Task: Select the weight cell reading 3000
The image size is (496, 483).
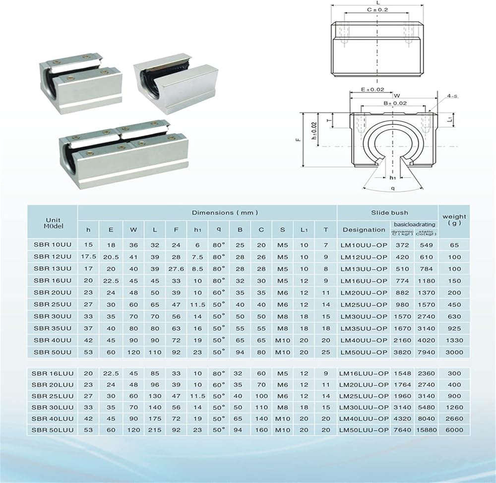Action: coord(454,353)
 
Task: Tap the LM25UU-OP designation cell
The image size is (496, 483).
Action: coord(364,305)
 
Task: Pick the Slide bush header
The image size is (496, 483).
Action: coord(389,213)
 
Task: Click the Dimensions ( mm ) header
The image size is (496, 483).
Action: coord(225,213)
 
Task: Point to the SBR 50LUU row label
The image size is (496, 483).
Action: coord(53,430)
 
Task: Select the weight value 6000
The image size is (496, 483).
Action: coord(454,430)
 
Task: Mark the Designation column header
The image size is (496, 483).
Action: coord(364,230)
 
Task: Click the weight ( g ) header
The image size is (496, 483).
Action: coord(454,220)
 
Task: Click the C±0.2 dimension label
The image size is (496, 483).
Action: coord(377,9)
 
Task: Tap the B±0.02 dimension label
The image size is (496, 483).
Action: coord(382,103)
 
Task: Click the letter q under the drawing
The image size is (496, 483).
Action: coord(393,188)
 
